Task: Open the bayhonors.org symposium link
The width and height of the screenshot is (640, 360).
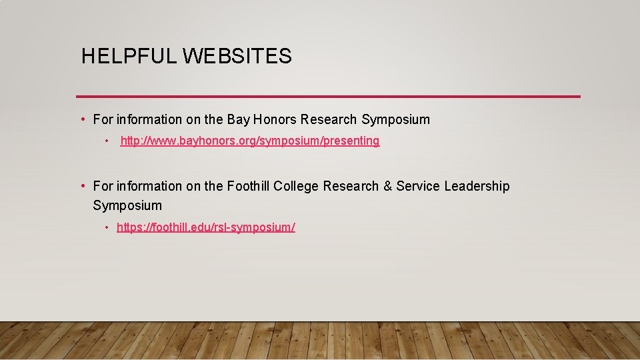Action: click(x=249, y=141)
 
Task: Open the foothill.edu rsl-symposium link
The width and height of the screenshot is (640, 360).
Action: click(x=205, y=227)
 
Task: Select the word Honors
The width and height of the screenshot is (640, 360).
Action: click(x=275, y=120)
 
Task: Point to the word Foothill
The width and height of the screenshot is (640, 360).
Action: click(x=248, y=187)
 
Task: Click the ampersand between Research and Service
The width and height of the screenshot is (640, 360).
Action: click(x=388, y=187)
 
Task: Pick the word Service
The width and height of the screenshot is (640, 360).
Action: click(x=418, y=187)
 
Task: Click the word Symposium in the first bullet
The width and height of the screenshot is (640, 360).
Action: click(x=395, y=120)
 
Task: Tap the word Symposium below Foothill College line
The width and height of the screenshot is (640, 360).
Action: click(x=127, y=205)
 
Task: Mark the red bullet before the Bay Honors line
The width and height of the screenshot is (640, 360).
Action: click(x=82, y=119)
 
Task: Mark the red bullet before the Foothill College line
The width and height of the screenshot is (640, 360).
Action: click(x=82, y=186)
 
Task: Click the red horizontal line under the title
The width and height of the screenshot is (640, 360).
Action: click(x=328, y=97)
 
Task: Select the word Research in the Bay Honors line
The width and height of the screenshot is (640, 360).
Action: click(x=329, y=120)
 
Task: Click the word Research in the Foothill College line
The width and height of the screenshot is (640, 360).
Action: click(x=351, y=187)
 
